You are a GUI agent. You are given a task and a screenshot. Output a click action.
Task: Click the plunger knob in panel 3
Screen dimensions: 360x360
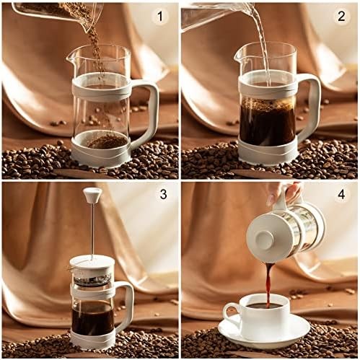pyautogui.click(x=92, y=194)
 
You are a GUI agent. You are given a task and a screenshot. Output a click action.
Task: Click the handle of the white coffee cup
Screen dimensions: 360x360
pyautogui.click(x=229, y=313)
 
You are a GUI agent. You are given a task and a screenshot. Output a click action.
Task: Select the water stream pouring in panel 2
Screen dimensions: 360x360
pyautogui.click(x=262, y=43)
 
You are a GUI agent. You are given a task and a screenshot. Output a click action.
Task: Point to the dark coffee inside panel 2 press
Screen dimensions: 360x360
pyautogui.click(x=266, y=123)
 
